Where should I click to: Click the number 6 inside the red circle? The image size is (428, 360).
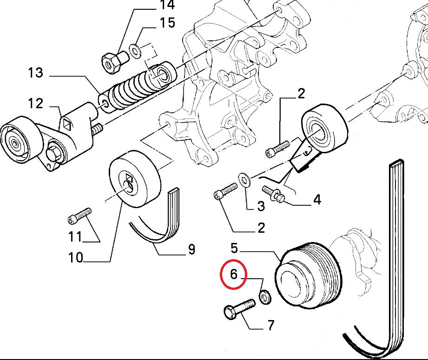point(233,275)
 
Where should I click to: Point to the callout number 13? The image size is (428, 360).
point(35,73)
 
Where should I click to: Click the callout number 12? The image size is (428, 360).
point(35,104)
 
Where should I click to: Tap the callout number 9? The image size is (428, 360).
point(191,250)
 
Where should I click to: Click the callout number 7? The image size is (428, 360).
point(270,325)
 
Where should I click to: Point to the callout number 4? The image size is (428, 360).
point(317,200)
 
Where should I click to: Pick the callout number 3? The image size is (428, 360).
point(261,206)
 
